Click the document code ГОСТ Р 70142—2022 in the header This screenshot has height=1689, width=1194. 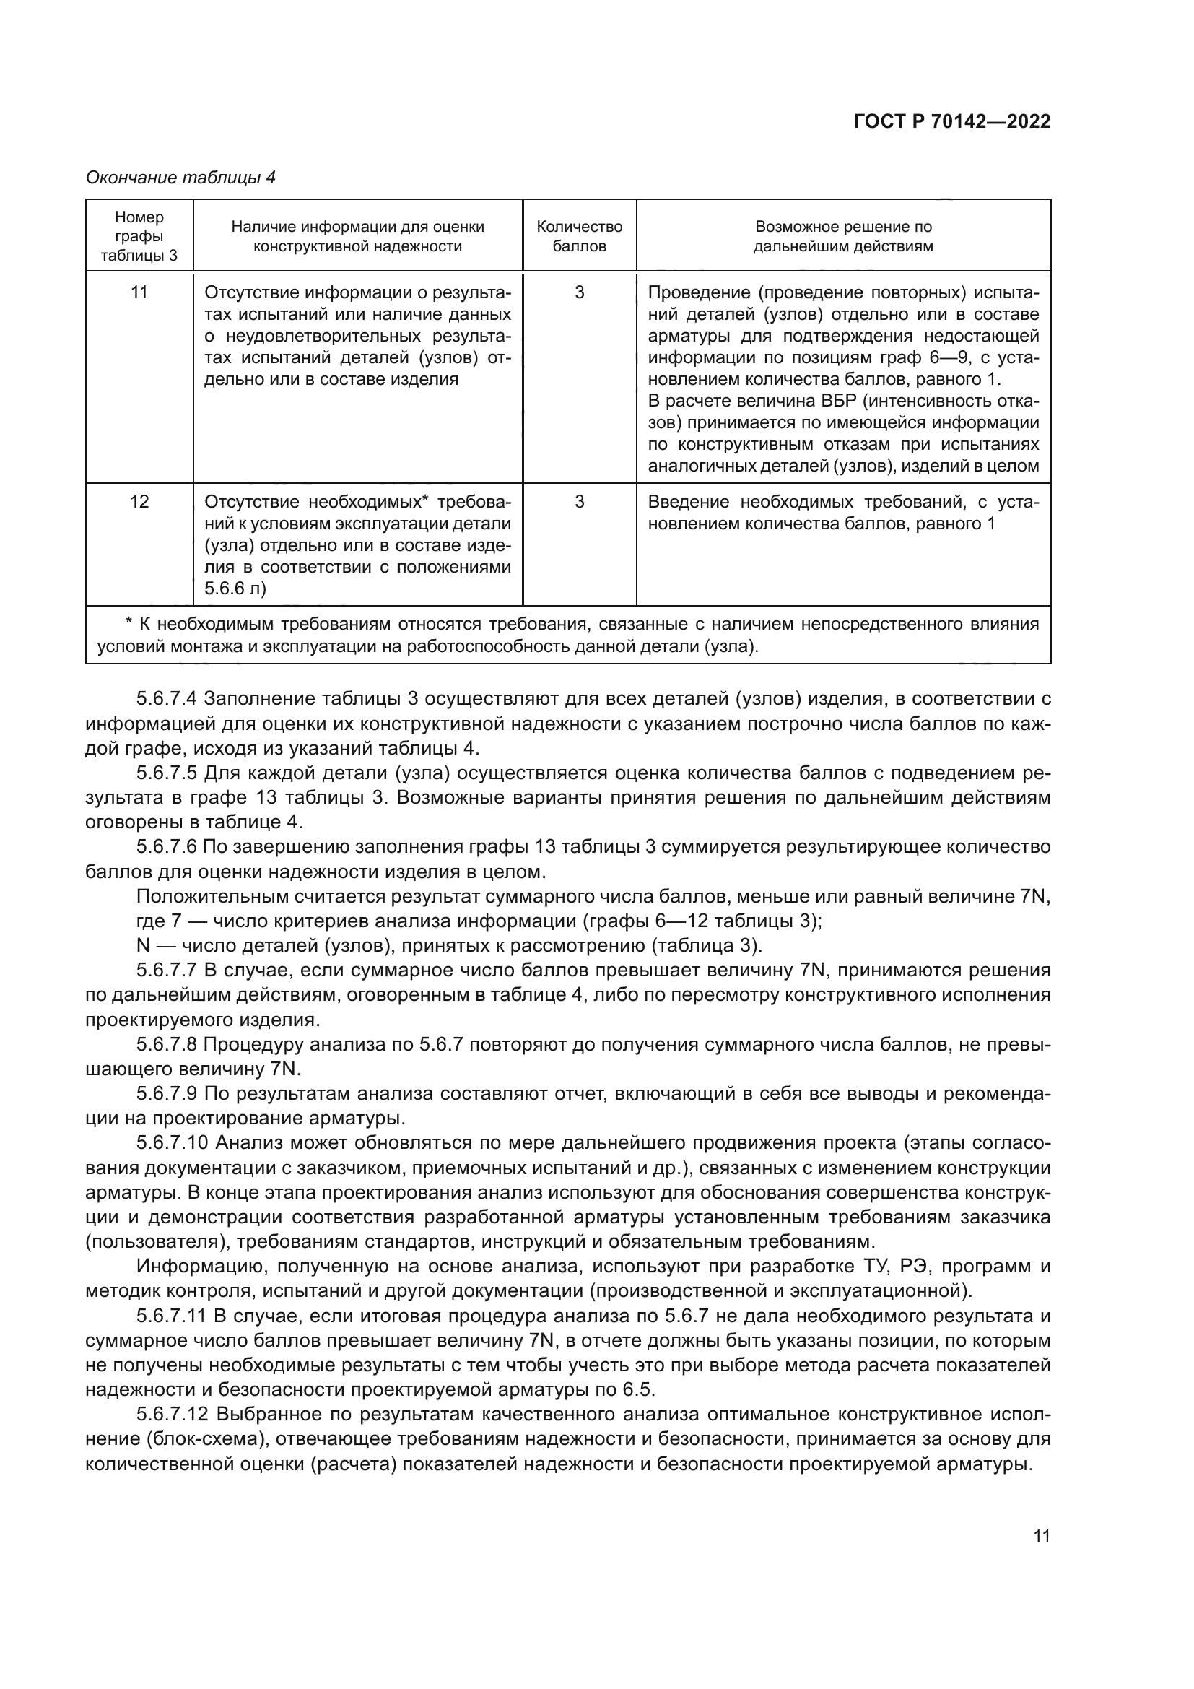[x=952, y=121]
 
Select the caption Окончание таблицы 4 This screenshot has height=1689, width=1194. [x=180, y=178]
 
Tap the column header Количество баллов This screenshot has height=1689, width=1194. [x=580, y=236]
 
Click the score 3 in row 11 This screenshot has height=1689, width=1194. [x=580, y=292]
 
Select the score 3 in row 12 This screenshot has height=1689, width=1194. [x=580, y=502]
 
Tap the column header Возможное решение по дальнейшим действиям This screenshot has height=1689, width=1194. [x=843, y=236]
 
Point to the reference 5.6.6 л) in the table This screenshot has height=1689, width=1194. [x=235, y=589]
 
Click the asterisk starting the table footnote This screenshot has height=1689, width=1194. [x=128, y=624]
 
